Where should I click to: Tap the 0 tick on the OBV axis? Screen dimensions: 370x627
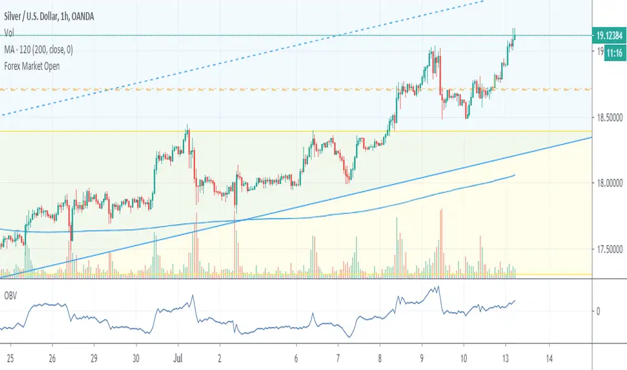point(599,311)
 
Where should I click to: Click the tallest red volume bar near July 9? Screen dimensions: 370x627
point(441,242)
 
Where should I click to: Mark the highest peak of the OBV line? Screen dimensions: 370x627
point(438,287)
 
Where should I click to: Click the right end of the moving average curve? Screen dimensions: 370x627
point(515,175)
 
